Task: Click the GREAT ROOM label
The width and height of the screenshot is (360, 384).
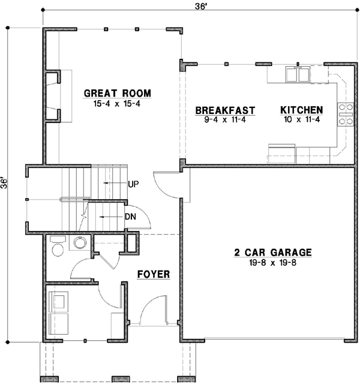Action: click(x=117, y=93)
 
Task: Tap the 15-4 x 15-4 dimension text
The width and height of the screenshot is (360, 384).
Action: click(x=117, y=103)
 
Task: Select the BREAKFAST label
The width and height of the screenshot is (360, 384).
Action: click(x=226, y=110)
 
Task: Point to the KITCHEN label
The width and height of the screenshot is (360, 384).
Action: click(x=302, y=110)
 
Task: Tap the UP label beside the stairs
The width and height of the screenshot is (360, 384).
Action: click(x=133, y=184)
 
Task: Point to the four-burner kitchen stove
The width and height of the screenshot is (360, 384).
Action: click(x=346, y=113)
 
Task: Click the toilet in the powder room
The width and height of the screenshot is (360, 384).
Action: click(x=58, y=247)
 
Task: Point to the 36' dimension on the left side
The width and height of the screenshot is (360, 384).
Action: click(x=6, y=183)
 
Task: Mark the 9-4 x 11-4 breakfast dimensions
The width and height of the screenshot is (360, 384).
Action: click(x=226, y=120)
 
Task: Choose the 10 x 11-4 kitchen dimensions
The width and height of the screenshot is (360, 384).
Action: click(x=302, y=120)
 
